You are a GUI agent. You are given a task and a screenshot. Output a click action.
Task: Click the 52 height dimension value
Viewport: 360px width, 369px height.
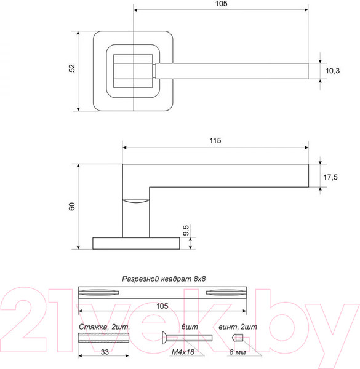pyautogui.click(x=72, y=68)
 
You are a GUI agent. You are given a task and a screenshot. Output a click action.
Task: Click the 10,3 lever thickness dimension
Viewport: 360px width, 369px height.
pyautogui.click(x=332, y=71)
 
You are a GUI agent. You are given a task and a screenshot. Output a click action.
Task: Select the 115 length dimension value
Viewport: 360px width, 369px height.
pyautogui.click(x=215, y=141)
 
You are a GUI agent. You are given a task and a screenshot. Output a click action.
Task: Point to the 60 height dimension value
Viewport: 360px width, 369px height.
pyautogui.click(x=72, y=207)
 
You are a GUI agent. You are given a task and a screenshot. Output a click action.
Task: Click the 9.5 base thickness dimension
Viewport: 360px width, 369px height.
pyautogui.click(x=186, y=231)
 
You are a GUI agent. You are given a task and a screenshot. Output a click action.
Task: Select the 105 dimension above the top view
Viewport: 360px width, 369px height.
pyautogui.click(x=221, y=4)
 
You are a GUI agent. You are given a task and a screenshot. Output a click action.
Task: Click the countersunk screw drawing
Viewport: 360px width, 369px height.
pyautogui.click(x=185, y=338)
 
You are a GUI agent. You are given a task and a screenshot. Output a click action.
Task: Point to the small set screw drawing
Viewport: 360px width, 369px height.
pyautogui.click(x=238, y=338)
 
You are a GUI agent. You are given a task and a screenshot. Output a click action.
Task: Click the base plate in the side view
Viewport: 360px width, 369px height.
pyautogui.click(x=136, y=244)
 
